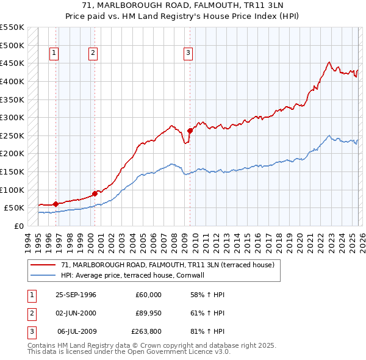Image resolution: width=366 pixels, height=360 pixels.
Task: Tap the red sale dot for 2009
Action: (190, 130)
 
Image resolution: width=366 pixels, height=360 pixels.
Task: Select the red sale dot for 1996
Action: (56, 204)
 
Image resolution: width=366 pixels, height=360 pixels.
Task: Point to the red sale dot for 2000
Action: (95, 193)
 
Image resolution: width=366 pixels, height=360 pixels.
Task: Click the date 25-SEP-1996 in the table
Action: (76, 295)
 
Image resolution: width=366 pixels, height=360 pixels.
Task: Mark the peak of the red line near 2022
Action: (329, 62)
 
